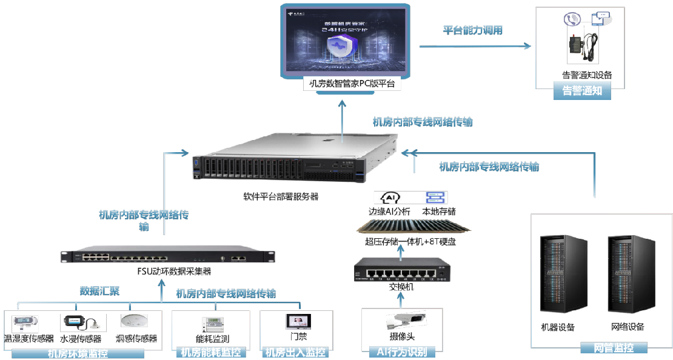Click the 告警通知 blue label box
point(582,92)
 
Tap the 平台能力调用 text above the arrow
point(473,30)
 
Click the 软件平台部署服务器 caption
point(281,196)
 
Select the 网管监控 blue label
point(613,348)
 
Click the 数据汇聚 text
point(100,292)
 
